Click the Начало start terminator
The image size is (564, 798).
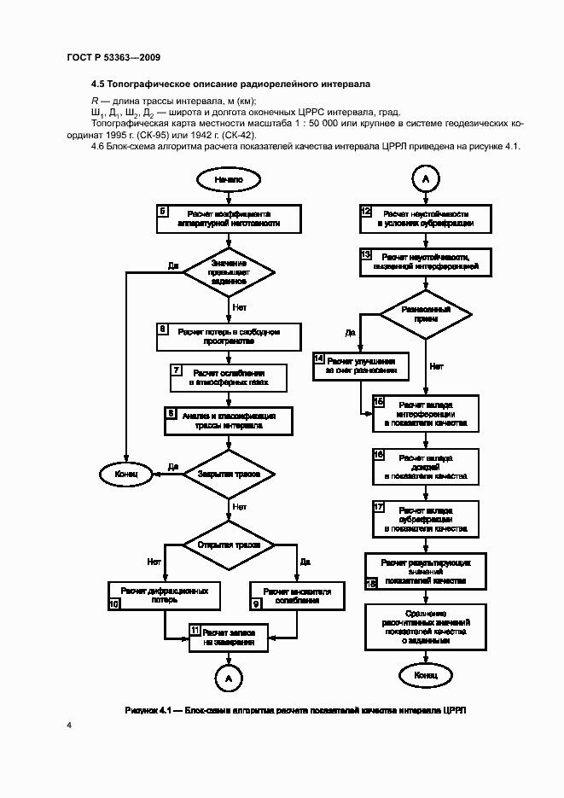click(x=229, y=180)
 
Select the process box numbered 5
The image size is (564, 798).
click(x=229, y=219)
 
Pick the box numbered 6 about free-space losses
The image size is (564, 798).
click(x=229, y=336)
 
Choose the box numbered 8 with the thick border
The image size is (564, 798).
click(x=229, y=420)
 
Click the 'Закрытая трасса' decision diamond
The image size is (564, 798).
click(x=229, y=472)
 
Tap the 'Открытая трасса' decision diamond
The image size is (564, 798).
click(x=229, y=545)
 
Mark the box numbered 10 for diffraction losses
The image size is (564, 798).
click(x=159, y=595)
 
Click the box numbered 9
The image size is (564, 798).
click(x=297, y=595)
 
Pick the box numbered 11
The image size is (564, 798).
click(x=229, y=638)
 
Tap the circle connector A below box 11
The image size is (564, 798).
click(x=229, y=679)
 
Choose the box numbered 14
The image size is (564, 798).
click(x=361, y=366)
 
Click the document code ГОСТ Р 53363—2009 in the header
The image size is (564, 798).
click(x=113, y=57)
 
